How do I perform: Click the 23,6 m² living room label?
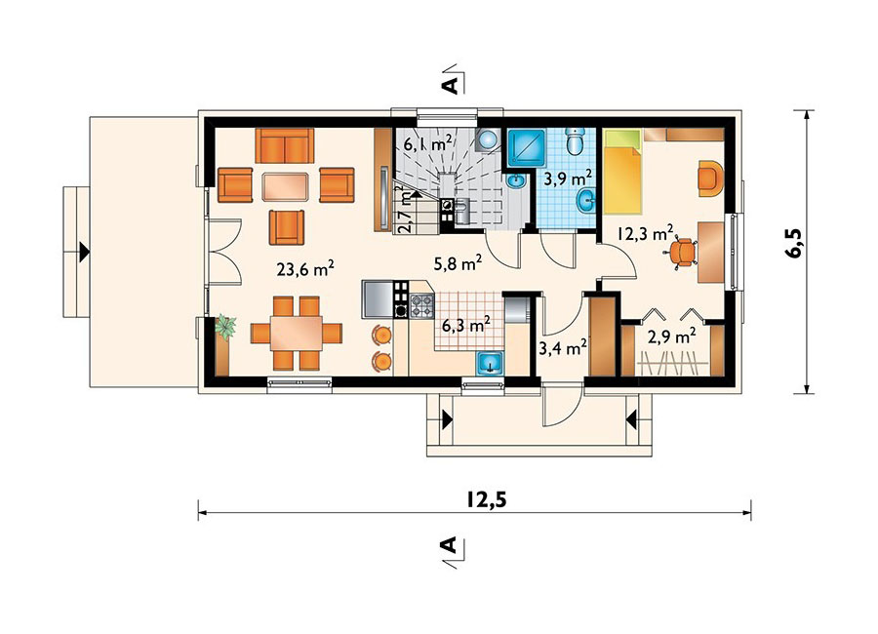(305, 269)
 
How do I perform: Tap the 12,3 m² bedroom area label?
(645, 232)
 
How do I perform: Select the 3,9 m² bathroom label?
(569, 179)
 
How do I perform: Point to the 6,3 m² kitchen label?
(466, 324)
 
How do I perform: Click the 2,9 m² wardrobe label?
(672, 337)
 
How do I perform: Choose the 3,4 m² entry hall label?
(562, 348)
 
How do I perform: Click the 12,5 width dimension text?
(487, 498)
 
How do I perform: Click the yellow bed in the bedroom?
(621, 172)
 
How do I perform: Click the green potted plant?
(225, 327)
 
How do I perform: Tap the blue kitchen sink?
(491, 363)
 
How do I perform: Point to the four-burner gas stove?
(421, 306)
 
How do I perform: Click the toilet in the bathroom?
(575, 141)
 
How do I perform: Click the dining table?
(297, 334)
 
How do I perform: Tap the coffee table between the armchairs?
(285, 186)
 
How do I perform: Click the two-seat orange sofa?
(285, 145)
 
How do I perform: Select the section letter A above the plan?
(450, 85)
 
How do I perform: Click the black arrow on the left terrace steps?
(84, 252)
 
